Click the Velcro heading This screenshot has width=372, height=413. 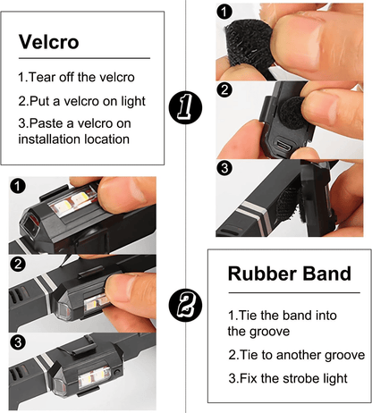49,42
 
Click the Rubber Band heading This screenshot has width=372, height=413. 290,274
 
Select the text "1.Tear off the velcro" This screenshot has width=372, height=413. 76,77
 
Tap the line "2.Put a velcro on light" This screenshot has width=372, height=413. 81,101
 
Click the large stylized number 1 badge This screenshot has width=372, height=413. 185,107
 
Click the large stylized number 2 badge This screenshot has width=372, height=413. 185,306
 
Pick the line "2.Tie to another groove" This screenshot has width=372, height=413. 297,355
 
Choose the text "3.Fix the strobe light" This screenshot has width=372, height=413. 288,378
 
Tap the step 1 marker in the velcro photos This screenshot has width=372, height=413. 224,12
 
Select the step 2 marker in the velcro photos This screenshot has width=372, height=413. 224,89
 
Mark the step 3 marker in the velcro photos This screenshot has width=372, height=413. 224,168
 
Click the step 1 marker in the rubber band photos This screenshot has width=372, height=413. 18,186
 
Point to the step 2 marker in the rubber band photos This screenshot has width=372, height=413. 18,264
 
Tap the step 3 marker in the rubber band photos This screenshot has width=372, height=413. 18,342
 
